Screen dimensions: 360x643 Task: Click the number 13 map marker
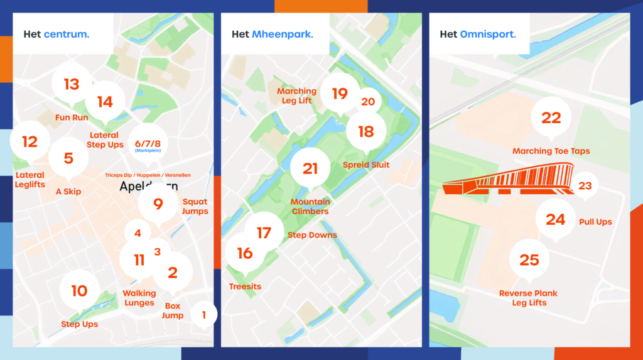[x=71, y=84]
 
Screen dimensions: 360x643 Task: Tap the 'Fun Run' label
[x=72, y=117]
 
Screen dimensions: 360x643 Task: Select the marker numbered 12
[x=30, y=142]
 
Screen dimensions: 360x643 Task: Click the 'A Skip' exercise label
[x=68, y=192]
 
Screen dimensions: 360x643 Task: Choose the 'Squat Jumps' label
[x=195, y=207]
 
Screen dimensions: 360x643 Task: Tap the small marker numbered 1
[x=203, y=314]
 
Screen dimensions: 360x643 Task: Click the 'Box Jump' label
[x=173, y=311]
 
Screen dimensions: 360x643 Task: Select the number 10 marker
[x=79, y=291]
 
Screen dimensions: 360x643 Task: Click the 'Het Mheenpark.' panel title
[x=273, y=34]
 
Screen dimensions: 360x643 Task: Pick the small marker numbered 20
[x=368, y=102]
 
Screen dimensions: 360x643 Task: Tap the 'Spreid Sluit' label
[x=366, y=165]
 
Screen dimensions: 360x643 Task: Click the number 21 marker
[x=310, y=168]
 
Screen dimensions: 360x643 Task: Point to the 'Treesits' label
[x=245, y=286]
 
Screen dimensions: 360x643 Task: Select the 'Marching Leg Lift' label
[x=297, y=95]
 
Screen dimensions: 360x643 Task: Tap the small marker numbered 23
[x=585, y=186]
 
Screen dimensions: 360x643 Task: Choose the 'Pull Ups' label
[x=595, y=222]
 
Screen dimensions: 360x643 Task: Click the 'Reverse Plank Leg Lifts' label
[x=528, y=298]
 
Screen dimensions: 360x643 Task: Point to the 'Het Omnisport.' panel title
[x=478, y=34]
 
